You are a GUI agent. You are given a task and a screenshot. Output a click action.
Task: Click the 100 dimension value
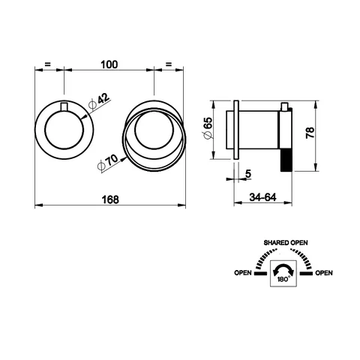(109, 64)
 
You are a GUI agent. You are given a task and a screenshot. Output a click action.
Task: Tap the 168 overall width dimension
(110, 199)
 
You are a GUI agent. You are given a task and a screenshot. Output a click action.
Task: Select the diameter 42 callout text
(99, 102)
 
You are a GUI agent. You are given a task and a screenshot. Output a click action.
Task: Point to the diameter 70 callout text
(107, 163)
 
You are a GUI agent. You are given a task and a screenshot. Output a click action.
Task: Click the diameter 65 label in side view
(208, 127)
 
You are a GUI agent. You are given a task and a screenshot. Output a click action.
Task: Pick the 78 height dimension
(310, 133)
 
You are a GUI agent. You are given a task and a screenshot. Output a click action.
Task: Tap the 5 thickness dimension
(248, 173)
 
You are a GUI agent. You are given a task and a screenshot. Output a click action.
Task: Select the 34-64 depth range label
(262, 197)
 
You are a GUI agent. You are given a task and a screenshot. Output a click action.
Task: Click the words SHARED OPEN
(286, 242)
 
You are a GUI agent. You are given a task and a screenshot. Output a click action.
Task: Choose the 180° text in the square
(283, 280)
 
